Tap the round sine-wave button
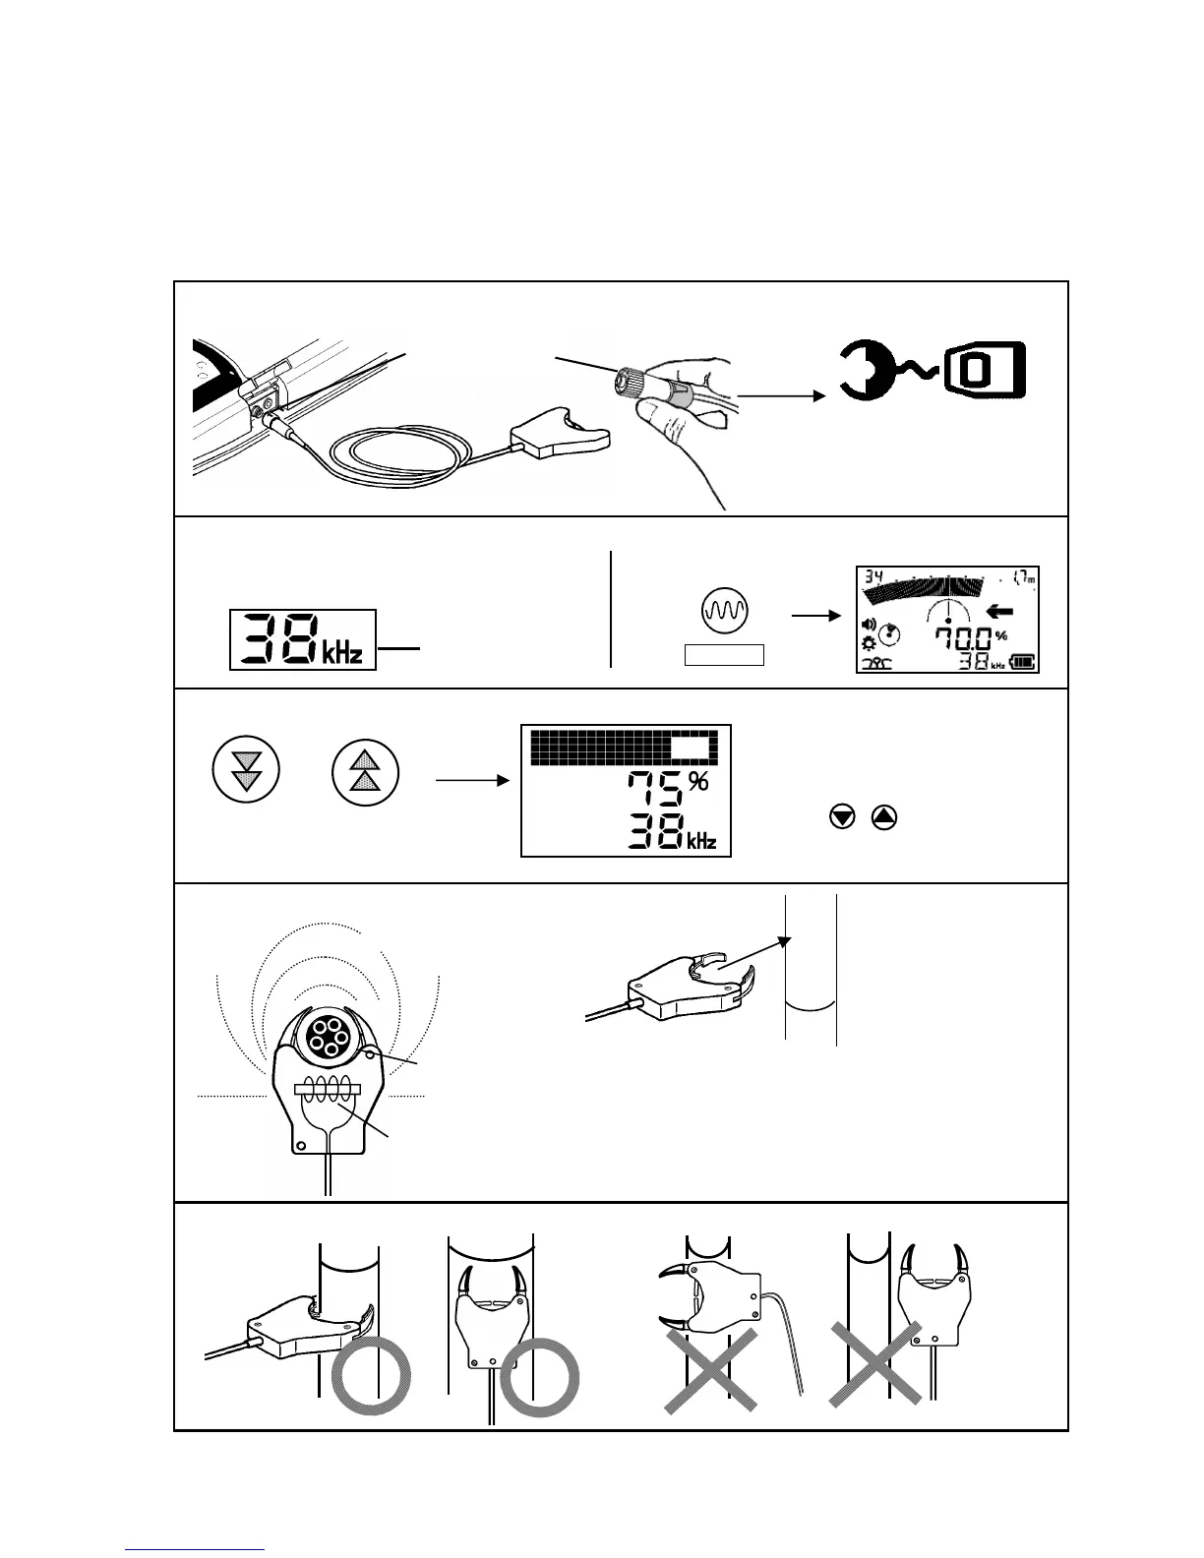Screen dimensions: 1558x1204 (725, 609)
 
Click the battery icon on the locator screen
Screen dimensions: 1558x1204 (1022, 662)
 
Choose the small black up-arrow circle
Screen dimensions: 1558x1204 (884, 816)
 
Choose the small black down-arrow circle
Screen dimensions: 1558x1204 (841, 816)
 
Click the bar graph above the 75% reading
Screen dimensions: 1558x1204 (625, 748)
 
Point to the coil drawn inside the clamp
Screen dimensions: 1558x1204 (331, 1090)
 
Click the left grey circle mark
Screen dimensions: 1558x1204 (371, 1377)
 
